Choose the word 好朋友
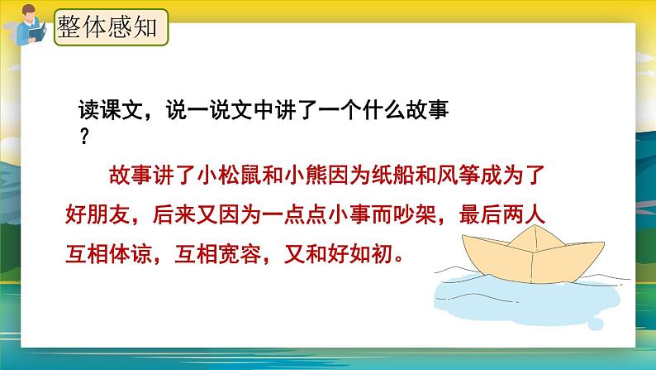point(96,214)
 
